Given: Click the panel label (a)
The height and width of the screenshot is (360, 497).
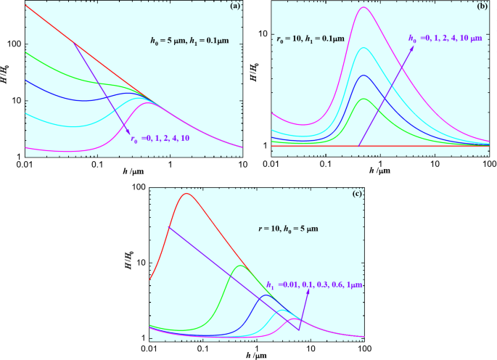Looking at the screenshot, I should pyautogui.click(x=236, y=7).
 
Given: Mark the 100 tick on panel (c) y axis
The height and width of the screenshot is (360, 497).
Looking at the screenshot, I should pyautogui.click(x=137, y=187).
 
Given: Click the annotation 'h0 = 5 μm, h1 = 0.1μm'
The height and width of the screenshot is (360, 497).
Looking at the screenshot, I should pyautogui.click(x=181, y=41).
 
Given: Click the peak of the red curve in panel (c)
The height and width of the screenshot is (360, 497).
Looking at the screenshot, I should pyautogui.click(x=187, y=193).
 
